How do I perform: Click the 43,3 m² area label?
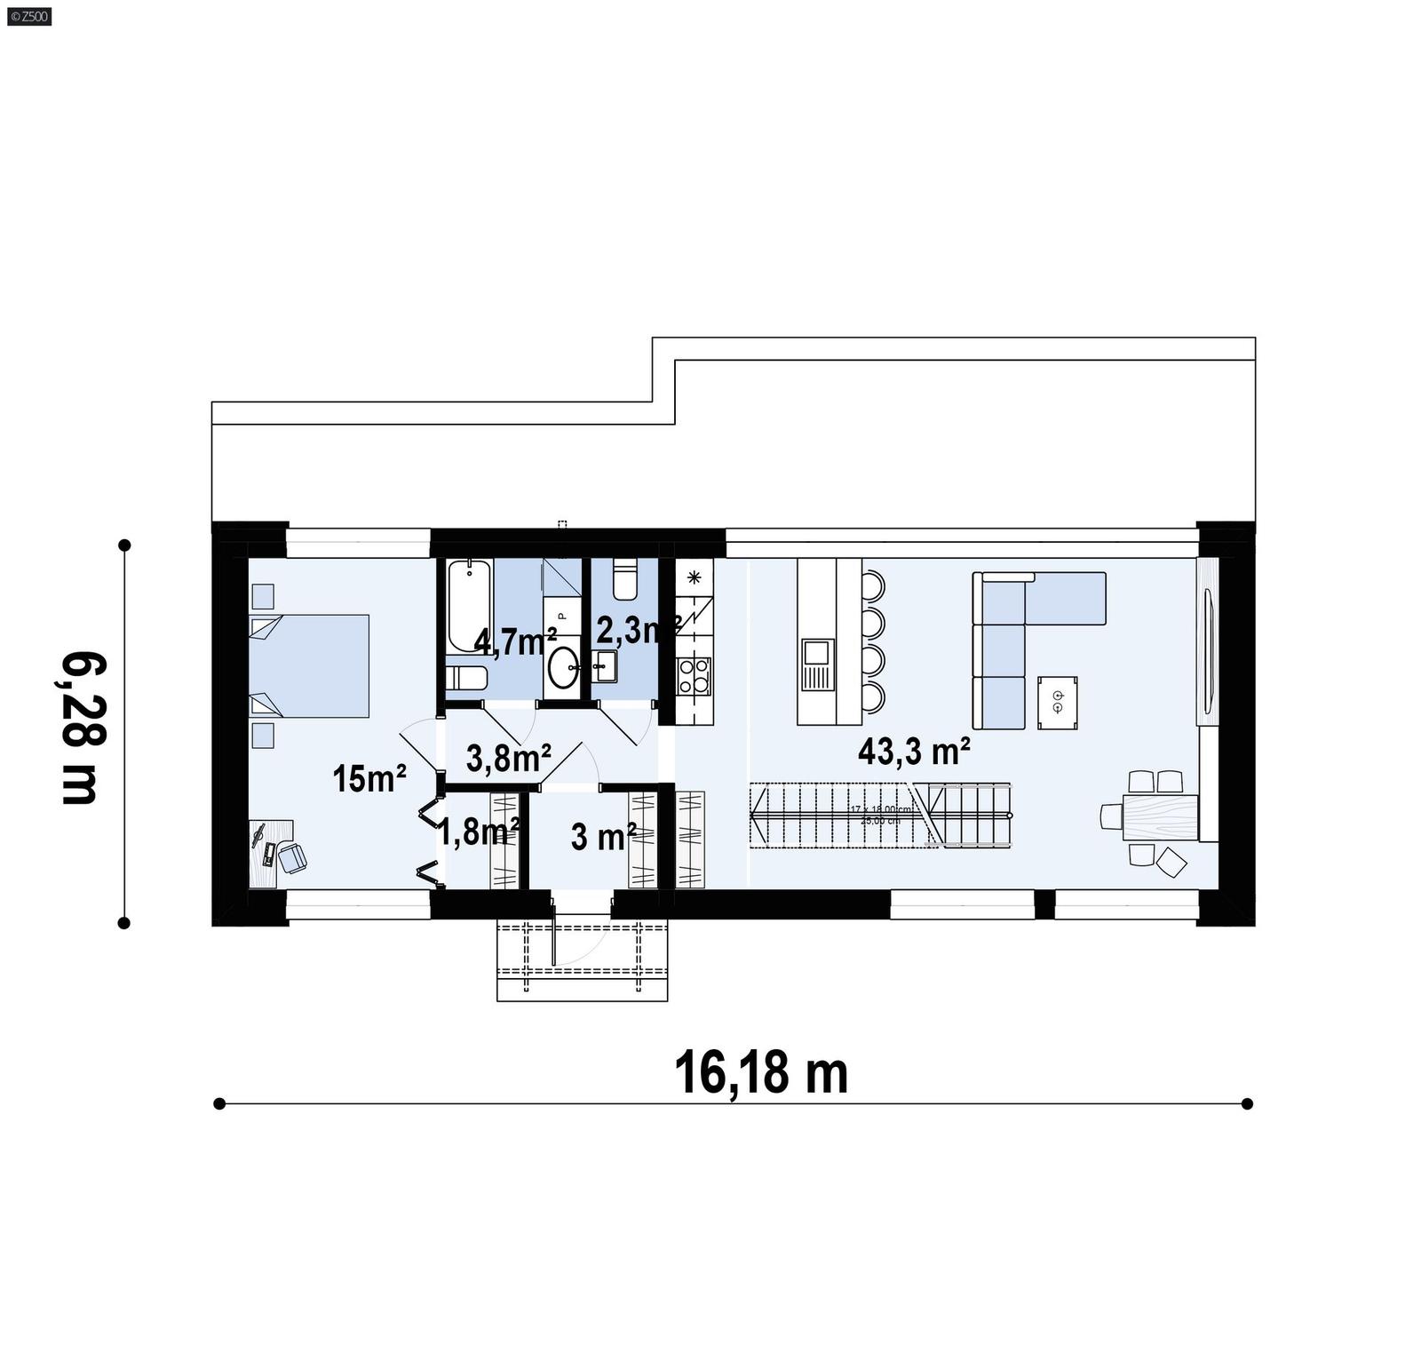[913, 752]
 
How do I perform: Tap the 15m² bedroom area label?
[369, 779]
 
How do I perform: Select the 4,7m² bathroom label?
[515, 641]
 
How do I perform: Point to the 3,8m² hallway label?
[508, 759]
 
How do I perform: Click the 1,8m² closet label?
[478, 832]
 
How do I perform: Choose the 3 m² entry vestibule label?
[603, 836]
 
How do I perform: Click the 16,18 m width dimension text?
[761, 1073]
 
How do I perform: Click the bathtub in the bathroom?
[468, 606]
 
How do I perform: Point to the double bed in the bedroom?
[311, 665]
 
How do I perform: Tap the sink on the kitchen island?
[817, 665]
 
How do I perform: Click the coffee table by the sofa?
[1058, 702]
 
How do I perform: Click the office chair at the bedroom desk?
[291, 857]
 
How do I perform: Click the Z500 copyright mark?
[28, 15]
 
